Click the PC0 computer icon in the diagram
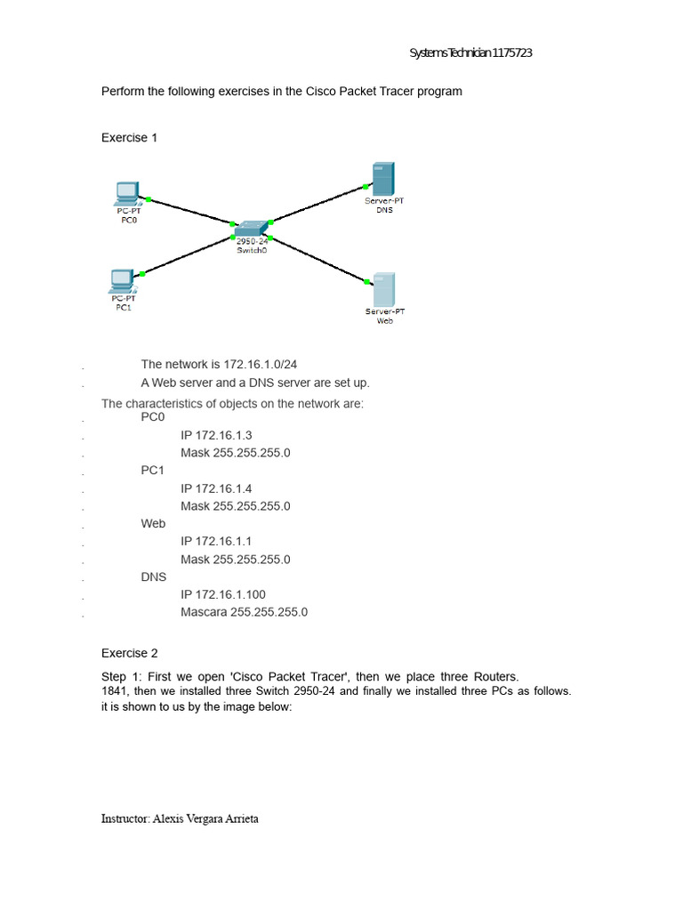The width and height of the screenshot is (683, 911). [x=126, y=192]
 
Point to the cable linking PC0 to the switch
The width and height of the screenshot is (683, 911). [x=189, y=212]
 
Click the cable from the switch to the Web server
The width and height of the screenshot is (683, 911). [x=318, y=260]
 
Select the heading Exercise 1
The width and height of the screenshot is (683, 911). [x=129, y=138]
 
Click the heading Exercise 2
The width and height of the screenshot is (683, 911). [x=129, y=653]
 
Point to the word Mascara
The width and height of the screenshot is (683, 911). [x=204, y=612]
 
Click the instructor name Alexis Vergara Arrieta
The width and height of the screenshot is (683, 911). [x=207, y=819]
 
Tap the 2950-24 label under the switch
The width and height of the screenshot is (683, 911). [x=252, y=241]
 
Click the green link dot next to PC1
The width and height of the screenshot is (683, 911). [x=143, y=274]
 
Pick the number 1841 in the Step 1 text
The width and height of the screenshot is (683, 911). [x=115, y=691]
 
